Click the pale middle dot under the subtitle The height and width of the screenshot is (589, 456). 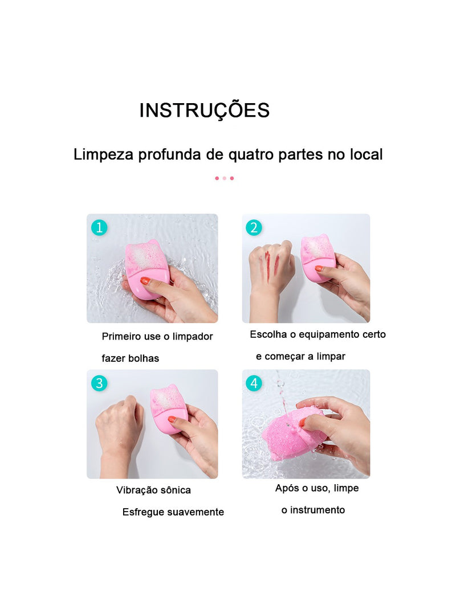click(x=225, y=178)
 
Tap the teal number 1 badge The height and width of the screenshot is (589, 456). click(x=99, y=228)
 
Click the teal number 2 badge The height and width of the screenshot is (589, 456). click(x=254, y=228)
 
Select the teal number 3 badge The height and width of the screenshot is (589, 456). click(x=99, y=383)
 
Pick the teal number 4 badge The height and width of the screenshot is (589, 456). click(x=254, y=383)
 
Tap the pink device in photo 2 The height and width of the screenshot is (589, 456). click(x=318, y=257)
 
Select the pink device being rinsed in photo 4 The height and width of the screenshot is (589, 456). click(x=291, y=434)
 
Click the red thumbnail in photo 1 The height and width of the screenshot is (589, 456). click(x=145, y=281)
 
